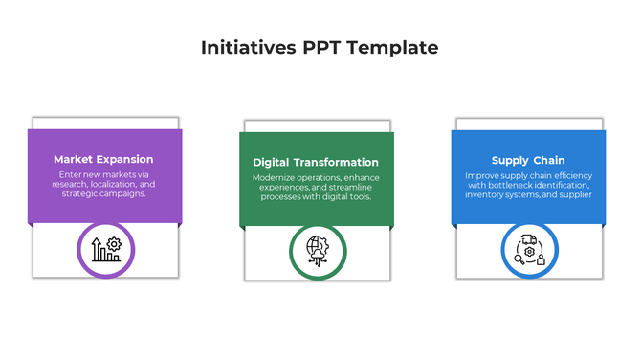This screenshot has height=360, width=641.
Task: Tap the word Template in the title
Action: click(394, 48)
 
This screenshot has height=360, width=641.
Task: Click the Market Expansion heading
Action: click(103, 160)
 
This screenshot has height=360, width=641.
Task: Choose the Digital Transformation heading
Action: click(316, 163)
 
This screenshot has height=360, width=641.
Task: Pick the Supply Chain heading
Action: click(528, 161)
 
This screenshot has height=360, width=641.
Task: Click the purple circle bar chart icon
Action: click(105, 249)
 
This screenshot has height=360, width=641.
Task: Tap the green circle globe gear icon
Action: click(317, 251)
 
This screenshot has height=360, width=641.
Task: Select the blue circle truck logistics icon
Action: click(528, 251)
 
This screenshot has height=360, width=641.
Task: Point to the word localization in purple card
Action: click(115, 184)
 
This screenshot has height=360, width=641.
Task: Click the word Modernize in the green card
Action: click(276, 178)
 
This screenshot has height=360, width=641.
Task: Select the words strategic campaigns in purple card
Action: click(103, 193)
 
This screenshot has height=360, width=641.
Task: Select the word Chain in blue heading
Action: click(549, 161)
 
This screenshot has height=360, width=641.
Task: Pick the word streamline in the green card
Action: click(351, 188)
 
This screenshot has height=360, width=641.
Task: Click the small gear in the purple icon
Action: click(114, 244)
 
